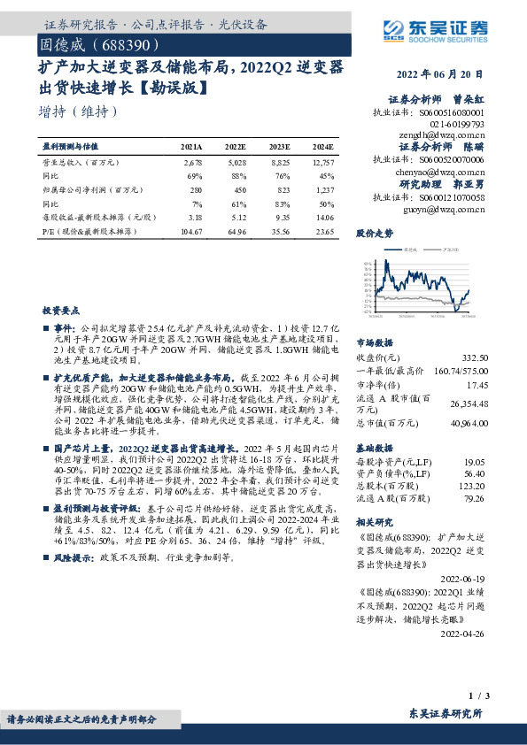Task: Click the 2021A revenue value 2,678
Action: coord(193,162)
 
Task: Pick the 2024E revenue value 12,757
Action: coord(322,162)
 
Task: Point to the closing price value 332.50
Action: coord(475,357)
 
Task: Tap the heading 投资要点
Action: coord(60,311)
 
